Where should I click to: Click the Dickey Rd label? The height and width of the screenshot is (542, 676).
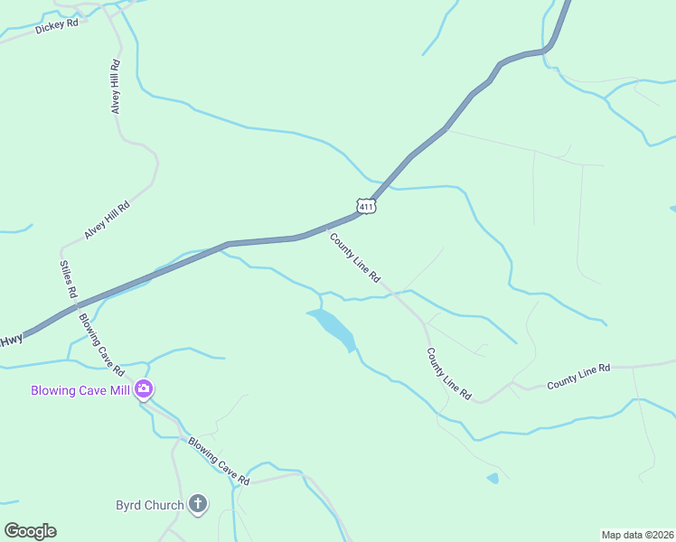[x=57, y=26]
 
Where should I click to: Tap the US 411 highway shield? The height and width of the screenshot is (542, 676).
[x=365, y=207]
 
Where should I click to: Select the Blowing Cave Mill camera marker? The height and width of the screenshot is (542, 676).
[x=143, y=390]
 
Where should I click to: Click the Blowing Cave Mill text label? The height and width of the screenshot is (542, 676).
[x=80, y=391]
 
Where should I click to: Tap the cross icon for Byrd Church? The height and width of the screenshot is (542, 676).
[x=198, y=504]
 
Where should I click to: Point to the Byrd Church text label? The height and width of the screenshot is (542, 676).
[x=150, y=505]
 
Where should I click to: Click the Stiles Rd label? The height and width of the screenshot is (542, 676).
[x=68, y=280]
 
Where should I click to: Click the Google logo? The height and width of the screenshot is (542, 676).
[x=30, y=531]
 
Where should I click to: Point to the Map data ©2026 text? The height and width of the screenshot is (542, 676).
[x=637, y=535]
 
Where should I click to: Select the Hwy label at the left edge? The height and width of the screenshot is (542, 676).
[x=11, y=341]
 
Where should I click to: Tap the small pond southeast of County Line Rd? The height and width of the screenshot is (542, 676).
[x=492, y=478]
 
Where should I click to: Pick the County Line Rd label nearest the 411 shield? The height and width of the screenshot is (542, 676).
[x=354, y=257]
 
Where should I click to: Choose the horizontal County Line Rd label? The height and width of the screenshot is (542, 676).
[x=578, y=376]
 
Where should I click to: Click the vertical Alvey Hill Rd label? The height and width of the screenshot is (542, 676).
[x=115, y=87]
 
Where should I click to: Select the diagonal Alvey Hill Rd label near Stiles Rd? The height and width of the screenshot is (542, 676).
[x=108, y=220]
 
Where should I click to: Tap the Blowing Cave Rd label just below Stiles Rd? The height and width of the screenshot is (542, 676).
[x=100, y=344]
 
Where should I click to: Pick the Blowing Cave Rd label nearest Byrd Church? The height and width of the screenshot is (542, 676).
[x=218, y=459]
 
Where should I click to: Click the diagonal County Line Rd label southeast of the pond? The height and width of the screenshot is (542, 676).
[x=449, y=374]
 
